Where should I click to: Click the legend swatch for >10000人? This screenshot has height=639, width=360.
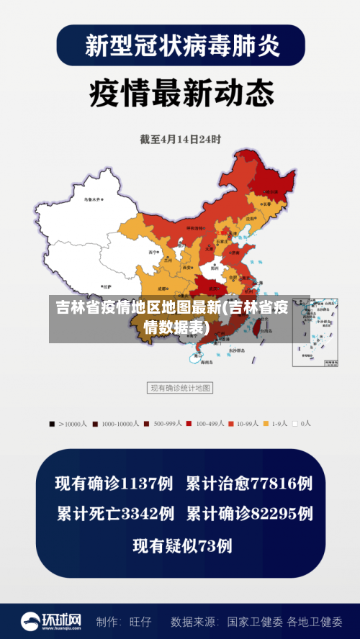(53, 424)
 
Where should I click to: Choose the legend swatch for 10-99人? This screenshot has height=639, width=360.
(231, 424)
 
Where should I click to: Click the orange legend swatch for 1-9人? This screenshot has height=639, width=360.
(266, 424)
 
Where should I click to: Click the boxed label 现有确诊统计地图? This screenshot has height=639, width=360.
(180, 388)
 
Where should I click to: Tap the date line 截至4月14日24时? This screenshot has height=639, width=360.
(179, 140)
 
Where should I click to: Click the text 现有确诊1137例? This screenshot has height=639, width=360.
(114, 484)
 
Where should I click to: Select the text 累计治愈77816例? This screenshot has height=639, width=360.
(249, 484)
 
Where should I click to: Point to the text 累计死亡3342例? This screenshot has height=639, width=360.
(115, 514)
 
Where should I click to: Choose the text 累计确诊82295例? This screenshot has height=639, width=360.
(249, 514)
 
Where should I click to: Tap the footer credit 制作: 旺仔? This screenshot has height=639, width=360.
(124, 621)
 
